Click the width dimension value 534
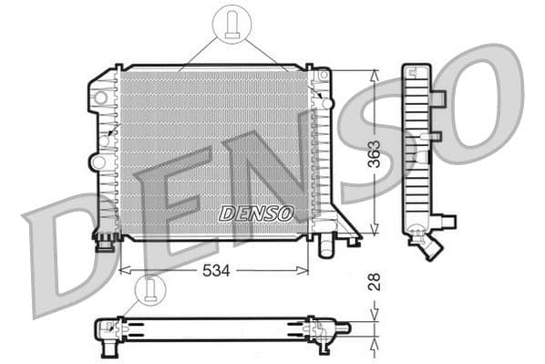pyautogui.click(x=215, y=271)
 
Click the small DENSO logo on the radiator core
pyautogui.click(x=256, y=213)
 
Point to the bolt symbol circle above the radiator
pyautogui.click(x=232, y=23)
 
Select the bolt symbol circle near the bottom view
pyautogui.click(x=149, y=289)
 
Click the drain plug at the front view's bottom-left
pyautogui.click(x=106, y=242)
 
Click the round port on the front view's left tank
pyautogui.click(x=97, y=162)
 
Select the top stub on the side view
pyautogui.click(x=437, y=99)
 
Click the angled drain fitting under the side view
pyautogui.click(x=428, y=246)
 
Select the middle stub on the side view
pyautogui.click(x=436, y=137)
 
